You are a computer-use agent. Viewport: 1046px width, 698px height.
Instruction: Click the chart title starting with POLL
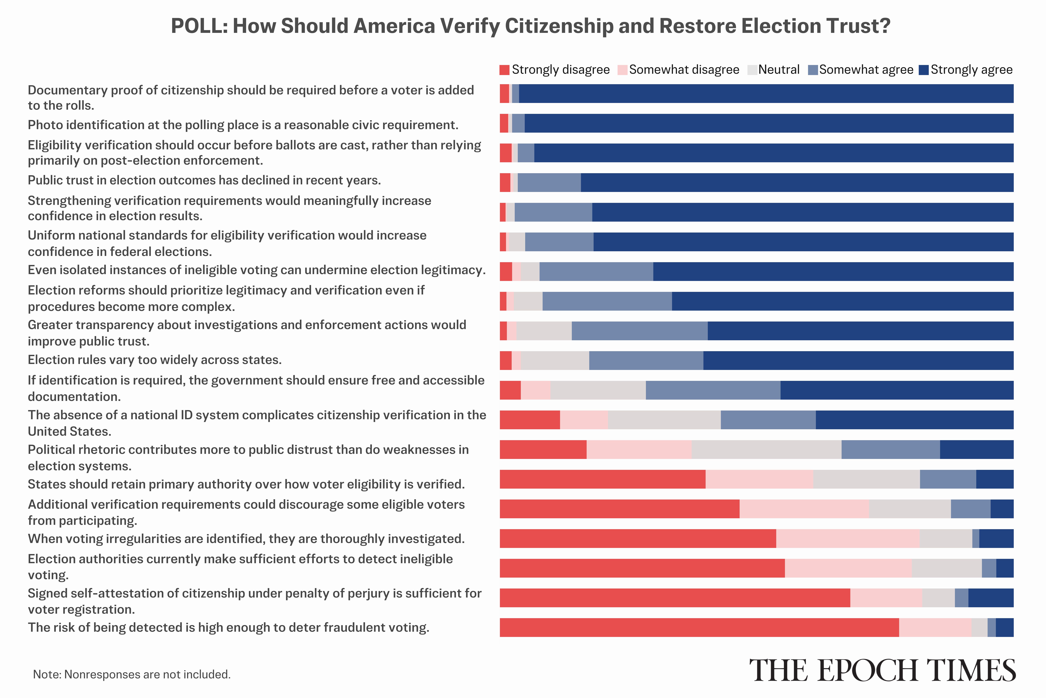coord(530,26)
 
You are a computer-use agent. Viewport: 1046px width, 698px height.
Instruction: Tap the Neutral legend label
coord(778,70)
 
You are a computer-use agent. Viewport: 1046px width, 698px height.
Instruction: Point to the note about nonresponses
coord(132,674)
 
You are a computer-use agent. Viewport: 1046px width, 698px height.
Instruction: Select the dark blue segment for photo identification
coord(769,123)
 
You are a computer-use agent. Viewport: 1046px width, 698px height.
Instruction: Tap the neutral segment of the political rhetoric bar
coord(766,450)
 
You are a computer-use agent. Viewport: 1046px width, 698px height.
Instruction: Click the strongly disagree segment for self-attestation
coord(675,598)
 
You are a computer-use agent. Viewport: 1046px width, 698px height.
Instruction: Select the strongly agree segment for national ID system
coord(914,420)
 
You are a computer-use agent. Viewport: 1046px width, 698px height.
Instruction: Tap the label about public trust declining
coord(204,180)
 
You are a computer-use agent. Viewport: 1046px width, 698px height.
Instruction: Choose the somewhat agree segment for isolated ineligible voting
coord(596,271)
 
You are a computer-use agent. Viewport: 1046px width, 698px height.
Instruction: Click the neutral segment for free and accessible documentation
coord(598,390)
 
